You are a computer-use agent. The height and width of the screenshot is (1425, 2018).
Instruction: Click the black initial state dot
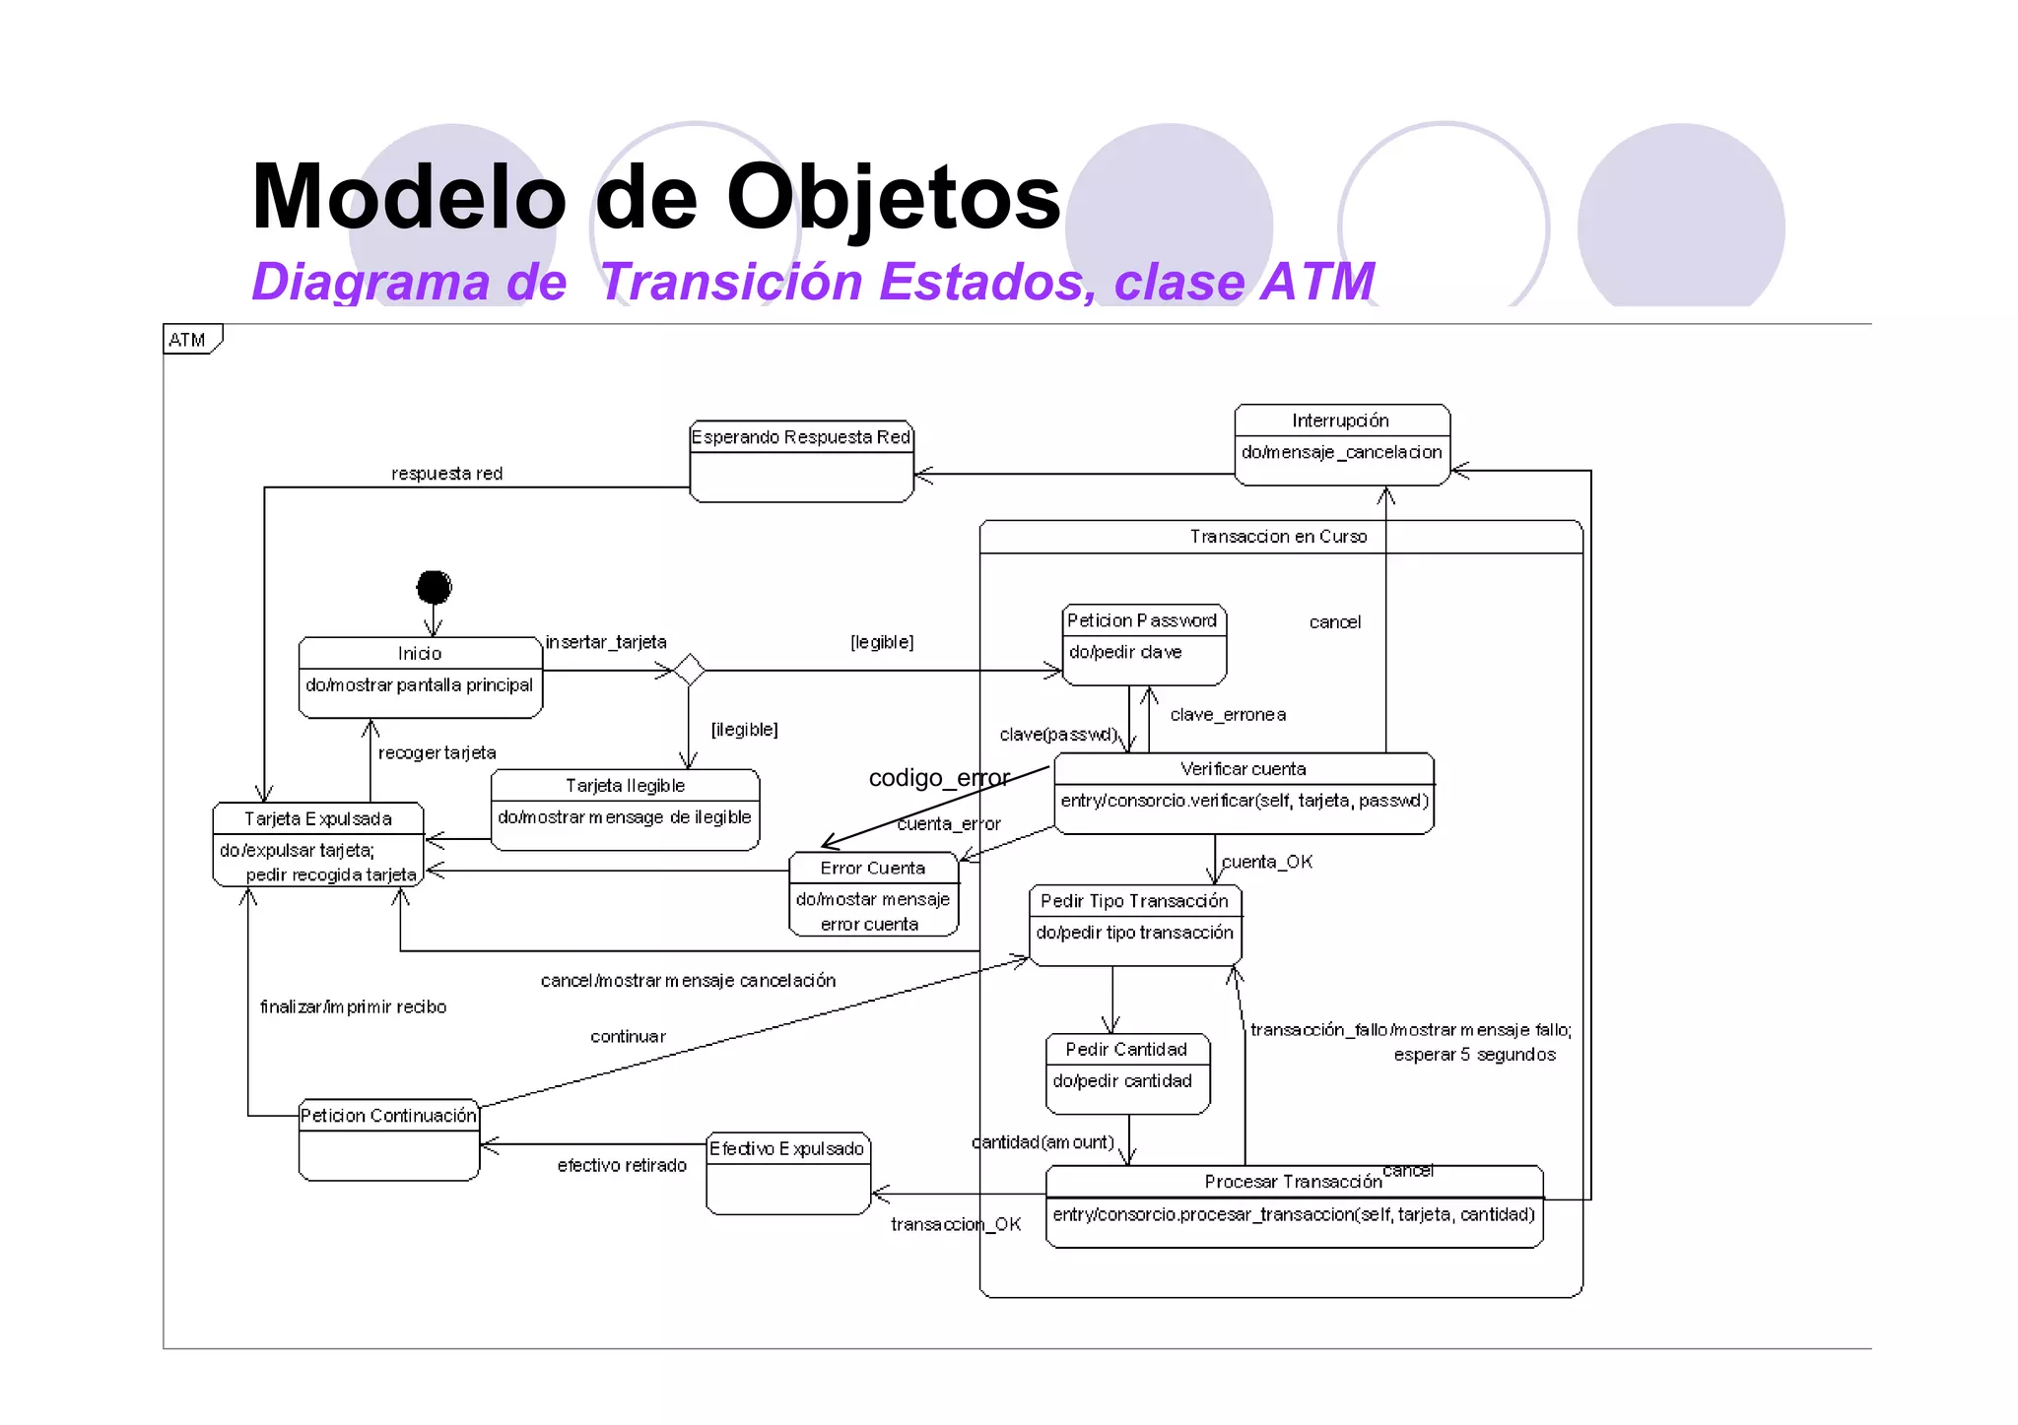(434, 587)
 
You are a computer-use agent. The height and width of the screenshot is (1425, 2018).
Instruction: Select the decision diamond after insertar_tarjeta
(689, 670)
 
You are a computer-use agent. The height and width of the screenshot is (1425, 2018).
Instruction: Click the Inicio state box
(421, 678)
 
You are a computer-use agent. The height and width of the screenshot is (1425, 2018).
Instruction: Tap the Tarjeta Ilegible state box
(625, 810)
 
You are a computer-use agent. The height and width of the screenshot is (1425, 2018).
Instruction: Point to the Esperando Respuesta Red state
(801, 461)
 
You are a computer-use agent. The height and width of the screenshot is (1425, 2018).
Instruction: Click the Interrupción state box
(1341, 444)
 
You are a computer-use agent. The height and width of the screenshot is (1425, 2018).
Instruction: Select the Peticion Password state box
(1144, 644)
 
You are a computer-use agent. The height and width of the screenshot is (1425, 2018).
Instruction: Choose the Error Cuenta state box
(873, 893)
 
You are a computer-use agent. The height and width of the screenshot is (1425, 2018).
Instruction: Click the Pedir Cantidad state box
(1126, 1073)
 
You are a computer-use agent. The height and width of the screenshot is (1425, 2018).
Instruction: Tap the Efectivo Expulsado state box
(787, 1173)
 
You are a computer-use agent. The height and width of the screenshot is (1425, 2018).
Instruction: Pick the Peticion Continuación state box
(388, 1139)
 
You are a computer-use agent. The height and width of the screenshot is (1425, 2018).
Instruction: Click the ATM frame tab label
(187, 340)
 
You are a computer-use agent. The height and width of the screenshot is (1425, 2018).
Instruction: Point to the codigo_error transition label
(939, 778)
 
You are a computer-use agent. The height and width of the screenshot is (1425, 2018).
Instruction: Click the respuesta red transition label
(446, 474)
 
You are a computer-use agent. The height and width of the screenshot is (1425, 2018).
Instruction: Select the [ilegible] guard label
(744, 730)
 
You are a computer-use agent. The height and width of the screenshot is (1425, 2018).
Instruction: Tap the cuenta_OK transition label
(1266, 862)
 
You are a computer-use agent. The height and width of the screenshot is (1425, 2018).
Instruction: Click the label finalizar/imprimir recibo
(353, 1006)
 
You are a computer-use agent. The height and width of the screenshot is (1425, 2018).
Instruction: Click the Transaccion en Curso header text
(1278, 537)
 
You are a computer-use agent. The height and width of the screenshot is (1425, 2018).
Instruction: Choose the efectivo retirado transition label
(622, 1166)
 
